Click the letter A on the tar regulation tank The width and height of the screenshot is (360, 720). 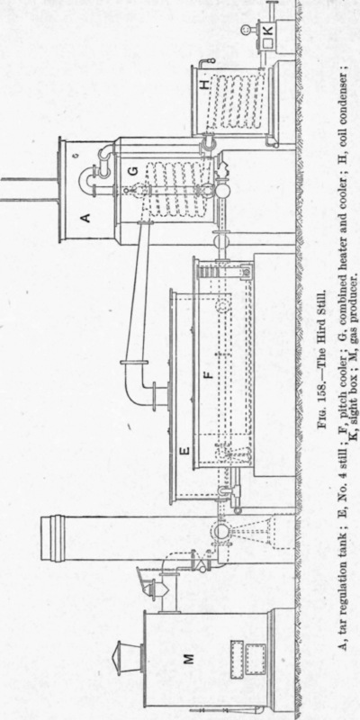coord(85,216)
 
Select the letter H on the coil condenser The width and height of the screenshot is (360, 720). coord(204,83)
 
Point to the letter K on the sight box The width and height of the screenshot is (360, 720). coord(268,31)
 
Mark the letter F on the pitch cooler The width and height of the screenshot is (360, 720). coord(209,375)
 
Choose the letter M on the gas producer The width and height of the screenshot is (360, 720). coord(187,659)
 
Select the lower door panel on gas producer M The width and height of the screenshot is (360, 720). coord(256,659)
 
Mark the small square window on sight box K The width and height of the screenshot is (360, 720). coord(268,42)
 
